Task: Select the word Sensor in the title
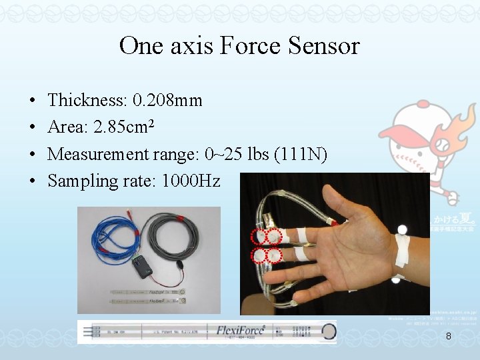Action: [325, 46]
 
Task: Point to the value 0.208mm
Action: [167, 101]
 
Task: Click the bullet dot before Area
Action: [33, 128]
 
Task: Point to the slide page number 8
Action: [449, 337]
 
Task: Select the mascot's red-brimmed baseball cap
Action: [413, 123]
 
